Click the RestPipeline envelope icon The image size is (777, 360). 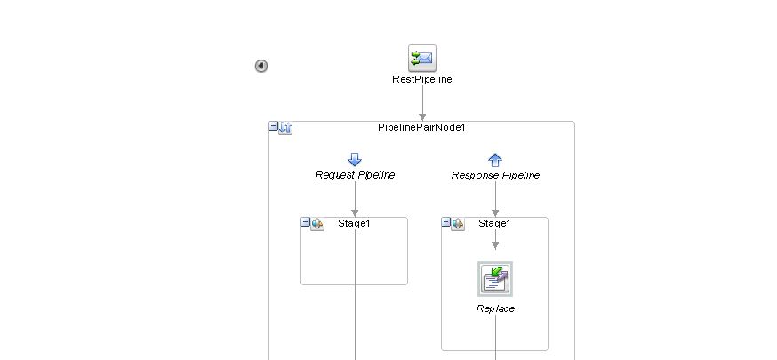[422, 59]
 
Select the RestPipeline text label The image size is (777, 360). [422, 79]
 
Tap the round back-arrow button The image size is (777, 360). [261, 66]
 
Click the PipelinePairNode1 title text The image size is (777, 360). [422, 127]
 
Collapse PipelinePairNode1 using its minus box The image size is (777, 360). [274, 127]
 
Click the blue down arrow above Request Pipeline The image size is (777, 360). [355, 160]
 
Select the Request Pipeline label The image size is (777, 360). [355, 175]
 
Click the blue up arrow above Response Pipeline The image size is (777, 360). [495, 160]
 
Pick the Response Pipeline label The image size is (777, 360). [495, 175]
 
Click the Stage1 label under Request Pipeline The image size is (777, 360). [354, 223]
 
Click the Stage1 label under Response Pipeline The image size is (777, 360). [494, 223]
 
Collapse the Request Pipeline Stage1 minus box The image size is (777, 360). [306, 223]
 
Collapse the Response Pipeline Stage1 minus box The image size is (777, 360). [446, 223]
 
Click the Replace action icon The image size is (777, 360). [495, 279]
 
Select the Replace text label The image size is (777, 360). [495, 308]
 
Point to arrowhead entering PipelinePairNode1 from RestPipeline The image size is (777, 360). [422, 116]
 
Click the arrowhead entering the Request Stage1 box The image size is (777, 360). [355, 212]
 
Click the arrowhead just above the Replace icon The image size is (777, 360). [495, 245]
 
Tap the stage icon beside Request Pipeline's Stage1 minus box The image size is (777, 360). [317, 224]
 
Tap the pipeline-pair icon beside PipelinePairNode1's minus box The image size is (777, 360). [285, 128]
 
